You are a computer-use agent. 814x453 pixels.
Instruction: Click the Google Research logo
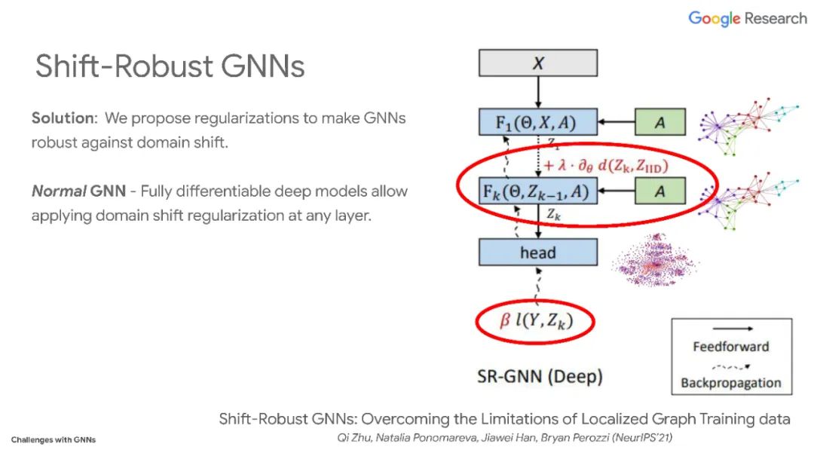[x=747, y=19]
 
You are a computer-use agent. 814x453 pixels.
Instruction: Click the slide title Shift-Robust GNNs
[x=170, y=66]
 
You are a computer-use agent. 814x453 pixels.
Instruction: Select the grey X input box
[x=537, y=63]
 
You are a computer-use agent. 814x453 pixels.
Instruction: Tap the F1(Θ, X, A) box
[x=537, y=122]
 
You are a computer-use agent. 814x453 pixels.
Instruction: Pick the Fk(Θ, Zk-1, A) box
[x=537, y=191]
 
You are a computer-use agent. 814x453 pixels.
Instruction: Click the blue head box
[x=537, y=253]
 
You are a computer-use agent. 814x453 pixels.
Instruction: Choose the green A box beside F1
[x=659, y=122]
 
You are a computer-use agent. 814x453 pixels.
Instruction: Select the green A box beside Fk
[x=659, y=191]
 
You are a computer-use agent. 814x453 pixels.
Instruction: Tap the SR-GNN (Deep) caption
[x=540, y=375]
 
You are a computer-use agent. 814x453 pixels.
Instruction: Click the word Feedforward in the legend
[x=730, y=347]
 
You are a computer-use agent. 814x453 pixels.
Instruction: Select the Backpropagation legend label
[x=730, y=382]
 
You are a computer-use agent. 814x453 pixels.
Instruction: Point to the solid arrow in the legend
[x=730, y=329]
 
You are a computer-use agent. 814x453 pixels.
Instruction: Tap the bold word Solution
[x=64, y=118]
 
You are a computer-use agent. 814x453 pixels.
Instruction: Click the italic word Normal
[x=58, y=191]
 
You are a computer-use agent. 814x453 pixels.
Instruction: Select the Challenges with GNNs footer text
[x=54, y=439]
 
